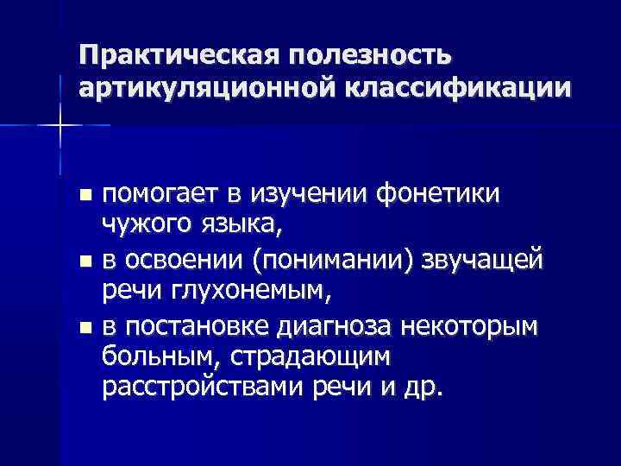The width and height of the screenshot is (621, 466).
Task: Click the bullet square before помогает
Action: pos(83,197)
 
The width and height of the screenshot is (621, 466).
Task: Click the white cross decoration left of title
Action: pos(60,126)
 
